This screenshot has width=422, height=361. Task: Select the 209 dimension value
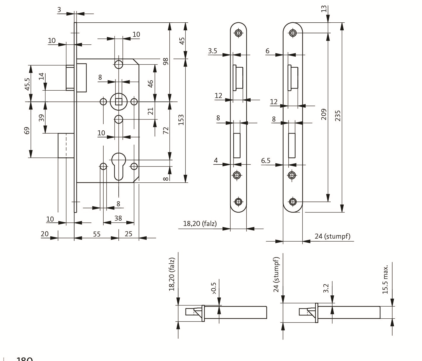324,114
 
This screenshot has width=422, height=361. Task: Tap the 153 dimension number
181,119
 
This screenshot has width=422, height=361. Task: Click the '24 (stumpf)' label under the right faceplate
332,236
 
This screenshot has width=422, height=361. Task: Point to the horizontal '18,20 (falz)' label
200,224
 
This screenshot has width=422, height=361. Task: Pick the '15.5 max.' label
385,279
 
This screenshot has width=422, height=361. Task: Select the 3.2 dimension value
326,288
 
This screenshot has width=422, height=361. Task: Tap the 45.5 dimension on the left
27,84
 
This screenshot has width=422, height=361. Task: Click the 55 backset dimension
97,234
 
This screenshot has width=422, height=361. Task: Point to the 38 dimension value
118,218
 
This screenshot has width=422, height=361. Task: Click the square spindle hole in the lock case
119,102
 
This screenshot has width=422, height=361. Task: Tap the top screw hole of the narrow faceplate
238,33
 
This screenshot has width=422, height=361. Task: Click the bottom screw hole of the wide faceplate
292,202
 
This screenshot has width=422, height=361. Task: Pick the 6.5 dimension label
266,160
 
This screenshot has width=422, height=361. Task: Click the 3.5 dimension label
212,51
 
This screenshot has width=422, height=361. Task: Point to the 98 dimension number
166,61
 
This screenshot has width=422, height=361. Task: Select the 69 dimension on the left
27,130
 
